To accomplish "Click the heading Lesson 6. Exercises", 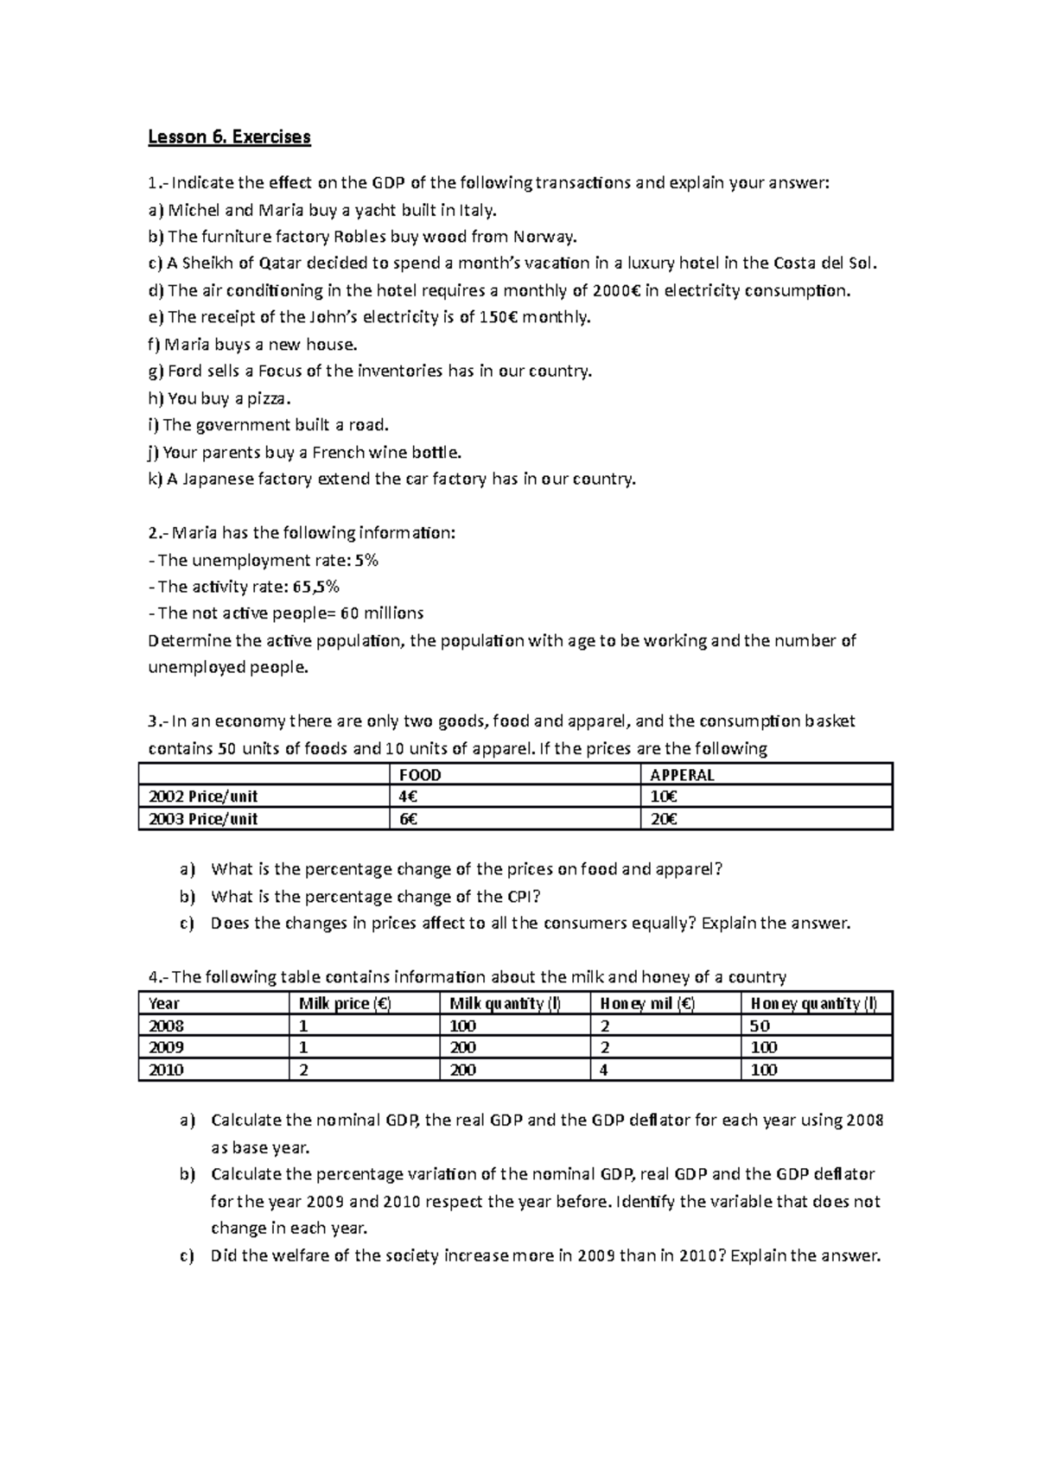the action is click(x=229, y=137).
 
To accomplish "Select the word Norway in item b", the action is click(x=544, y=237).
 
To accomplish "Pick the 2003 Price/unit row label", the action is click(x=203, y=819).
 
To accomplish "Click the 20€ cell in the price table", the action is click(x=664, y=819).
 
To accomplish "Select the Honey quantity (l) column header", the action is click(x=814, y=1003).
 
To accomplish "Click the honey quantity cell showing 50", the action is click(x=760, y=1026).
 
